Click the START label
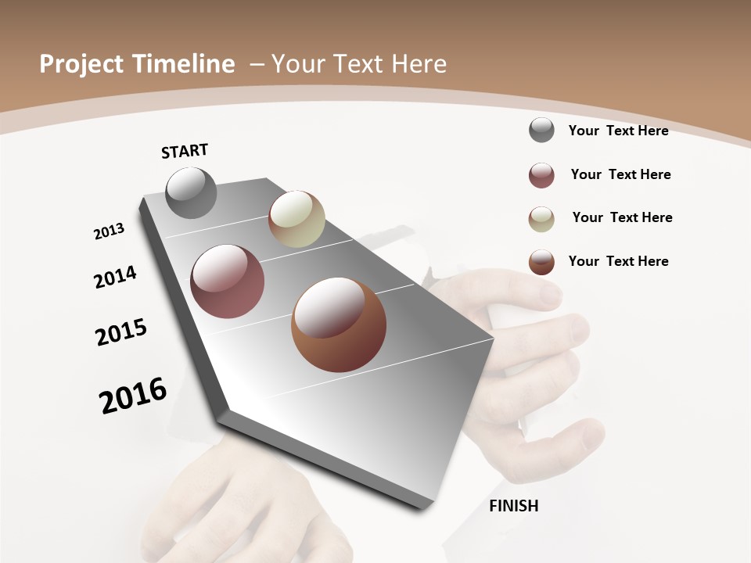[185, 151]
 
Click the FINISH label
[513, 506]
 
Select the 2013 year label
[109, 231]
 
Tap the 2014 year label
[115, 277]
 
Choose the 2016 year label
[133, 396]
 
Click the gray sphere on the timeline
[191, 192]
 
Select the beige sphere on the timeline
[296, 219]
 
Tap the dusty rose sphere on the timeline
[228, 281]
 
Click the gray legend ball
[541, 130]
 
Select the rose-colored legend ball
[541, 175]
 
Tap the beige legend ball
[541, 219]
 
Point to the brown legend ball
[541, 262]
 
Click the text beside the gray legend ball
[618, 131]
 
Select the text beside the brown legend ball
[618, 261]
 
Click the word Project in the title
[78, 64]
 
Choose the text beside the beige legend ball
[622, 217]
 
